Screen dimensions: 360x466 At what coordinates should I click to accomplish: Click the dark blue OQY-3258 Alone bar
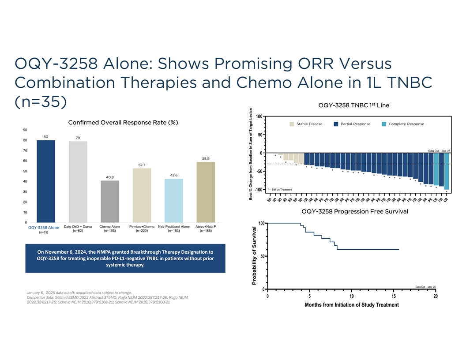(x=45, y=181)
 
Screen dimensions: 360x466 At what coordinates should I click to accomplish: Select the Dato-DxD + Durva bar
(x=78, y=182)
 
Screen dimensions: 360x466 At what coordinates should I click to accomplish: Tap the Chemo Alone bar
(x=110, y=201)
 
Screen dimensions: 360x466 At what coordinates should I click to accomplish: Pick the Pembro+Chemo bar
(x=142, y=195)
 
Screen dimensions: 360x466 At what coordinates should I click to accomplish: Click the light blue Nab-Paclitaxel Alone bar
(x=173, y=200)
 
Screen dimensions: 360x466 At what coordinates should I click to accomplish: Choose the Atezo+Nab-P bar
(x=206, y=192)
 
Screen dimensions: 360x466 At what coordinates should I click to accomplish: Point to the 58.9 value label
(x=206, y=158)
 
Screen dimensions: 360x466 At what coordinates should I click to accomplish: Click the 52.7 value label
(x=142, y=165)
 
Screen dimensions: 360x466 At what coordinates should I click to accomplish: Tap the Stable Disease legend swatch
(x=292, y=124)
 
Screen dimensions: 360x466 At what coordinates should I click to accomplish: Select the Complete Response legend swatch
(x=384, y=124)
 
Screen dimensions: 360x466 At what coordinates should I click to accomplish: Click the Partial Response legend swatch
(x=337, y=124)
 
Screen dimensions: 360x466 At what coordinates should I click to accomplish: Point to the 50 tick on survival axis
(x=263, y=256)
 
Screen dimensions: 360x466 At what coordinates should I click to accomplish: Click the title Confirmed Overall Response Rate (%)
(x=123, y=122)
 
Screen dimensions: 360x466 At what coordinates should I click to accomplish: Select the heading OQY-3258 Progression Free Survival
(x=354, y=211)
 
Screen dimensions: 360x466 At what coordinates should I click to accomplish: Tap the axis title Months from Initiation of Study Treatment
(x=351, y=305)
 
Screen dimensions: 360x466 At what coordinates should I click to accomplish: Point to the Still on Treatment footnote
(x=283, y=189)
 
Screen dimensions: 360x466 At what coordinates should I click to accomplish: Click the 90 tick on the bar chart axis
(x=25, y=130)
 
